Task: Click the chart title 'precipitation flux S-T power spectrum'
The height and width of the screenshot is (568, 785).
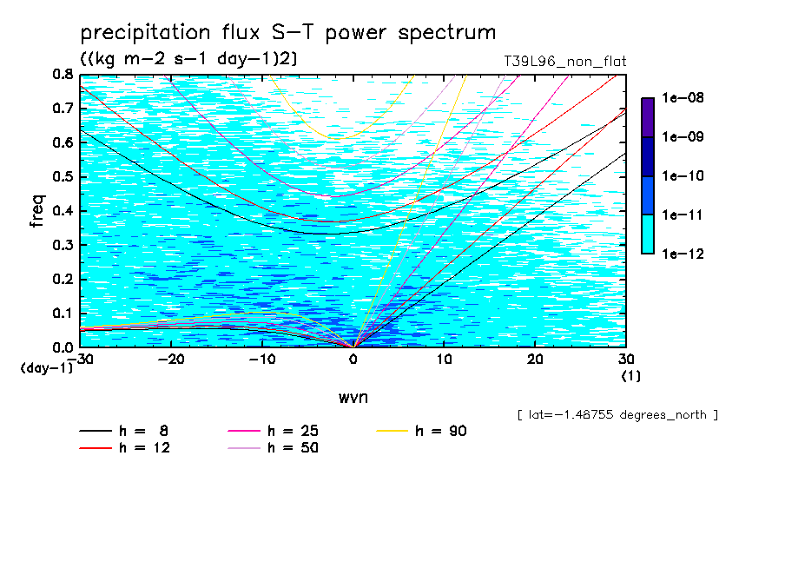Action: [x=287, y=34]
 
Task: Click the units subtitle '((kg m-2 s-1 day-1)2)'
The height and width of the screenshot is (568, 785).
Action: [x=190, y=59]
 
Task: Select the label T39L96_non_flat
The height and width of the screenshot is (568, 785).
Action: [x=564, y=62]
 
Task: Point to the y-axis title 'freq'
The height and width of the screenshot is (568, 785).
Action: [x=37, y=211]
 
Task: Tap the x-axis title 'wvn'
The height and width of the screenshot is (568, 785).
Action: [x=353, y=397]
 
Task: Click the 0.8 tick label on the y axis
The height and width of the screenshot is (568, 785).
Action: [x=62, y=75]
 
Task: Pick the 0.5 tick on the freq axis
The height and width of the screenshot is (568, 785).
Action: [x=62, y=177]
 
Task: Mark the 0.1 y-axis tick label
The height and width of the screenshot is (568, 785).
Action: [x=62, y=314]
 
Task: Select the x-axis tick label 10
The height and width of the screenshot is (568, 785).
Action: [x=444, y=360]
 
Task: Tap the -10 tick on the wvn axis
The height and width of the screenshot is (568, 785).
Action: [x=261, y=360]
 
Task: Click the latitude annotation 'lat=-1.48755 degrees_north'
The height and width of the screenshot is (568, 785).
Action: [x=617, y=415]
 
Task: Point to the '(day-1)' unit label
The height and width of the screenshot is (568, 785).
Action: [x=46, y=368]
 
